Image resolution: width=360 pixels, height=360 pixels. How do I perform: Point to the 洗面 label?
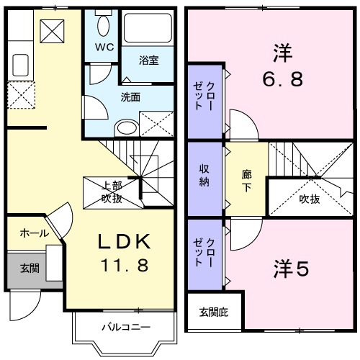tap(130, 96)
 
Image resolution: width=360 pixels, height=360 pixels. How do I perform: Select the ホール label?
tap(35, 233)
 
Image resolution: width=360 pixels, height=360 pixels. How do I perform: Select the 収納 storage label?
tap(204, 176)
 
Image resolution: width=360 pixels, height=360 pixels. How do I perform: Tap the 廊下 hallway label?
tap(247, 179)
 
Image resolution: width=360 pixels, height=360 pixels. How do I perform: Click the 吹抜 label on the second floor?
tap(310, 199)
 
